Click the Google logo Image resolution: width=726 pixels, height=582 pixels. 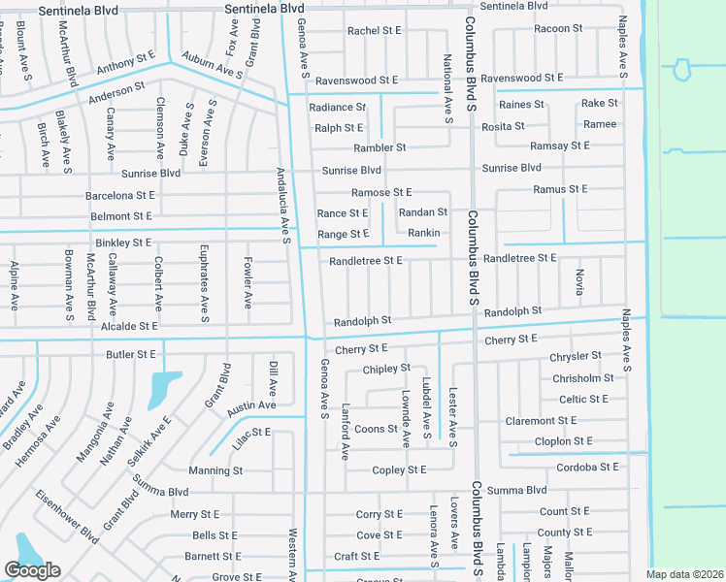[33, 570]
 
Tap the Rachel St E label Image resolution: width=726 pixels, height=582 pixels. [375, 31]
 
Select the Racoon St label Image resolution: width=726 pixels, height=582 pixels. [558, 28]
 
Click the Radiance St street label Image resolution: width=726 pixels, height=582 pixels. [337, 107]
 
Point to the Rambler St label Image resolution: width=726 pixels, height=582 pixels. [379, 147]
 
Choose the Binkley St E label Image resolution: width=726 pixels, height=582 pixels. [123, 242]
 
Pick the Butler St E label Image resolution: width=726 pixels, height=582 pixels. [131, 355]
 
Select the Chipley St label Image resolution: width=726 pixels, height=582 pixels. [386, 370]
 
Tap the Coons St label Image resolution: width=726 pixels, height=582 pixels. [376, 429]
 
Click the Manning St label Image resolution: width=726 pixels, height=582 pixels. [215, 470]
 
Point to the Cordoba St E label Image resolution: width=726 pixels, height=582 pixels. [581, 466]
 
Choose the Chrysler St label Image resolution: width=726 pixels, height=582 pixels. [576, 357]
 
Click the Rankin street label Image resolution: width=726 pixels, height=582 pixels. [424, 233]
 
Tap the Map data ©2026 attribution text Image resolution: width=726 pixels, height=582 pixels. [684, 574]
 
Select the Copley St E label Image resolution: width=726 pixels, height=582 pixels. [399, 470]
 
